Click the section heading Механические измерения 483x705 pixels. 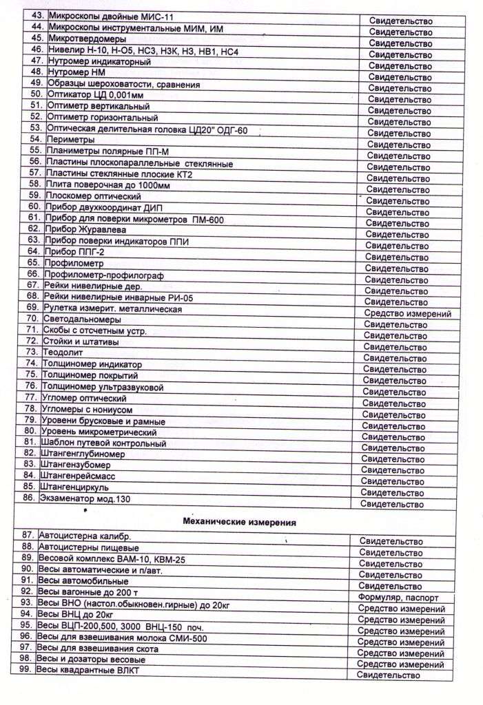239,522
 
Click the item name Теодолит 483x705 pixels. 64,352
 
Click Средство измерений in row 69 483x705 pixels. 407,314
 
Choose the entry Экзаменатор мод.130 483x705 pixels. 85,498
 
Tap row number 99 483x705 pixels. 26,669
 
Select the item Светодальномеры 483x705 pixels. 83,319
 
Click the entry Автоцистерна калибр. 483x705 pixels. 85,535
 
